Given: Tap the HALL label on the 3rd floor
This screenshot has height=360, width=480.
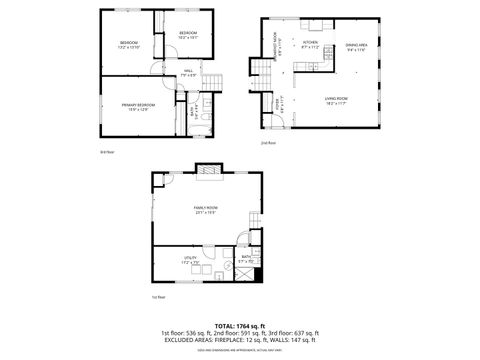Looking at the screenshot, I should point(188,72).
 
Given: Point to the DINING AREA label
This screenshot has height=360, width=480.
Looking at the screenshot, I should point(355,46).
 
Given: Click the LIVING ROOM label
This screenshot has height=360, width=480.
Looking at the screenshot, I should point(336,99).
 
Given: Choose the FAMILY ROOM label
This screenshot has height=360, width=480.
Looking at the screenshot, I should point(206,209).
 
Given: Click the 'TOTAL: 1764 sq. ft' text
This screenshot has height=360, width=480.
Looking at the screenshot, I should point(239,326).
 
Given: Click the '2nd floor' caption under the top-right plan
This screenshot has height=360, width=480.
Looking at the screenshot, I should point(267,142).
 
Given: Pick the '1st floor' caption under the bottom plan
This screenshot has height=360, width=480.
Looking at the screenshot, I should point(158,296).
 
